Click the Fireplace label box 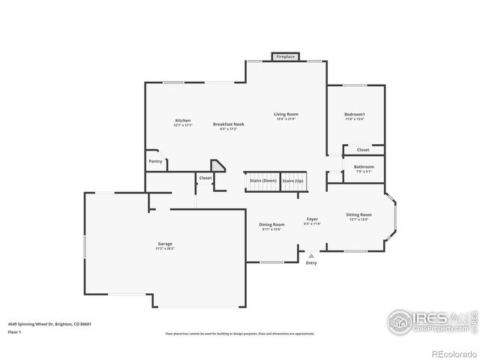coord(286,57)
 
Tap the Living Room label coord(286,114)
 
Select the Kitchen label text coord(183,121)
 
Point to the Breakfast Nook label coord(228,124)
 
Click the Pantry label coord(155,161)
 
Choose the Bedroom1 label coord(355,114)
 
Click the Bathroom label coord(364,166)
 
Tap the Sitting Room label coord(358,215)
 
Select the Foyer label coord(312,220)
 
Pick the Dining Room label coord(271,225)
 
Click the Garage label coord(165,244)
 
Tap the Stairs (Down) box coord(262,181)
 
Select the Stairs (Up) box coord(293,181)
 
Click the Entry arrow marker coord(311,255)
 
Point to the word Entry coord(311,262)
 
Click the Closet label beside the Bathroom coord(363,150)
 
